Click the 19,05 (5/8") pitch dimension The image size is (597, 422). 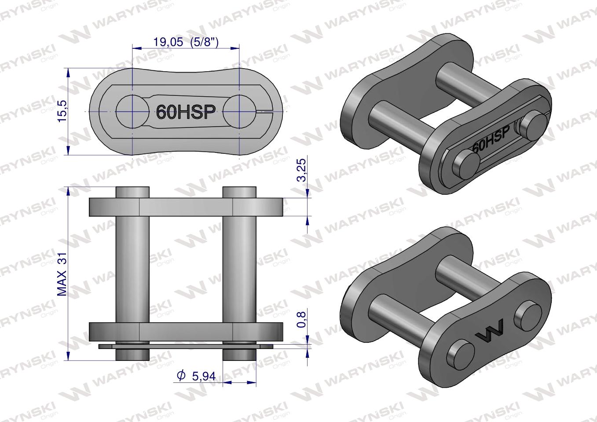[186, 42]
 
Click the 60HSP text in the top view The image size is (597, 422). [186, 112]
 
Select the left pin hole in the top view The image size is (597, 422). [132, 111]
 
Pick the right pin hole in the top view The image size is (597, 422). [239, 111]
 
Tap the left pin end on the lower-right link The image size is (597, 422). [461, 354]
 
